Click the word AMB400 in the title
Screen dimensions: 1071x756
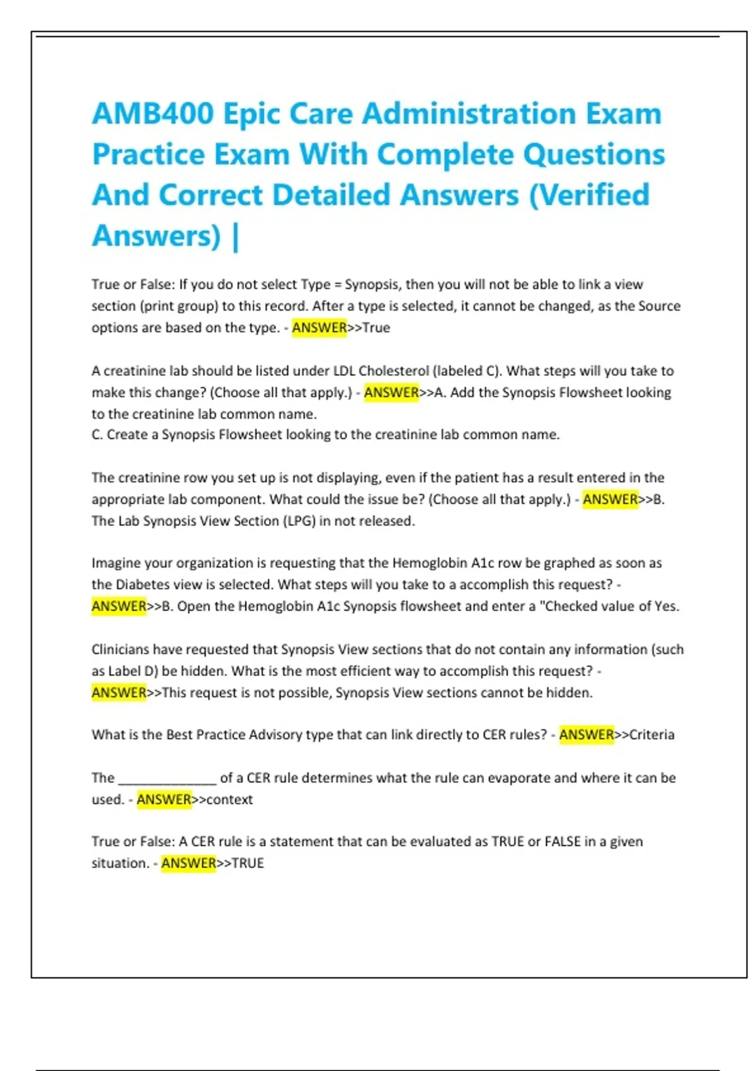[153, 114]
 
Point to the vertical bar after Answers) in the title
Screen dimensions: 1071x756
[236, 237]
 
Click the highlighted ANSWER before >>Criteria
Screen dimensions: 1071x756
[586, 735]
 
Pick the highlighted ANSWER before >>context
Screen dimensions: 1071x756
[164, 799]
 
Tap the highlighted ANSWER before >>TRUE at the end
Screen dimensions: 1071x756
[188, 863]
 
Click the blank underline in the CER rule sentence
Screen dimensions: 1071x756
[167, 779]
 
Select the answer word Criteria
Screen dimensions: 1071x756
[652, 735]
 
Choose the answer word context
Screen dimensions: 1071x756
[230, 799]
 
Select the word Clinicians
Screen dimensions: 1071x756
[120, 650]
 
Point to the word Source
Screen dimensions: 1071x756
[659, 306]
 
